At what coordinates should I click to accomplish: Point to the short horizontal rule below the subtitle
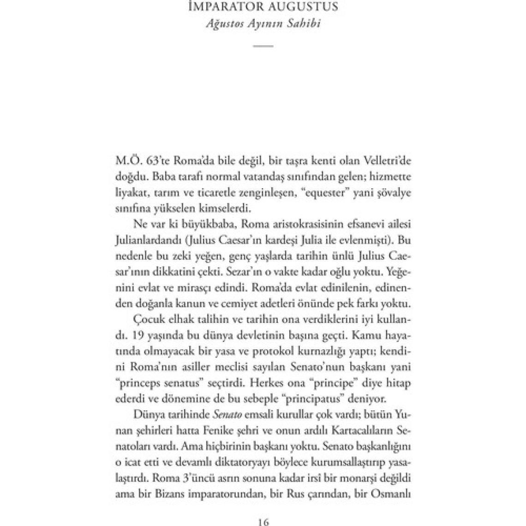pyautogui.click(x=263, y=46)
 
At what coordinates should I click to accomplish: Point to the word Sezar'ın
pyautogui.click(x=268, y=269)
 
